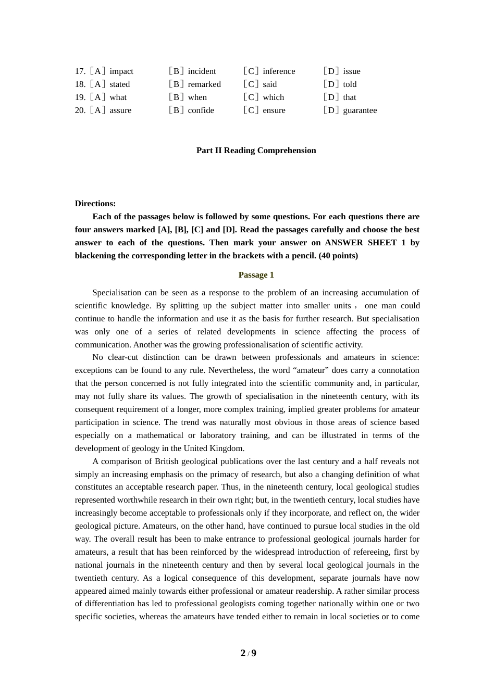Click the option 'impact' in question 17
point(121,71)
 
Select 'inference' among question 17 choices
point(278,71)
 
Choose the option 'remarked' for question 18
point(204,84)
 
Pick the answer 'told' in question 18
point(350,84)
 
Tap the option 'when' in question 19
point(197,97)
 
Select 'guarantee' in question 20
point(360,110)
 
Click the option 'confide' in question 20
point(201,110)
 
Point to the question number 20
point(80,110)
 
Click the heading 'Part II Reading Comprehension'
point(256,151)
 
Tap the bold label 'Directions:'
point(95,204)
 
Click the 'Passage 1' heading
point(256,275)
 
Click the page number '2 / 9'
point(248,653)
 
